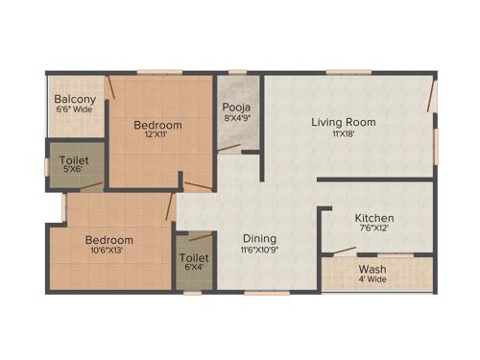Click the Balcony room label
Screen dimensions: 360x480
(x=73, y=99)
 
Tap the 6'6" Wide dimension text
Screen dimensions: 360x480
(x=73, y=109)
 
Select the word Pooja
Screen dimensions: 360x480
(x=237, y=108)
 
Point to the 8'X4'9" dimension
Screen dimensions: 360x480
(x=237, y=119)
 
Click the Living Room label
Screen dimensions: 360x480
(x=343, y=122)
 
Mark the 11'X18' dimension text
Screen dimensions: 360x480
(x=343, y=134)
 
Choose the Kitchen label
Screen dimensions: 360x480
(x=374, y=218)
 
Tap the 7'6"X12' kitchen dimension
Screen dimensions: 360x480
(x=374, y=229)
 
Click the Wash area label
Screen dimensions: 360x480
(x=372, y=269)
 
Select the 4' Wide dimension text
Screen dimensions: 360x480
(x=372, y=280)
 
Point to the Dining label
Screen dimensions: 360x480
(x=259, y=239)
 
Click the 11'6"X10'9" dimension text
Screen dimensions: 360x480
(x=259, y=251)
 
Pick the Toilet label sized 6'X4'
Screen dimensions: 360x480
(x=194, y=258)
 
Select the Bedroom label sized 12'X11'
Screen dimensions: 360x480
(x=157, y=126)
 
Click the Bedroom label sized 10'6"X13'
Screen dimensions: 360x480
(x=108, y=240)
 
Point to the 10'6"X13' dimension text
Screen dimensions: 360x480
(x=108, y=252)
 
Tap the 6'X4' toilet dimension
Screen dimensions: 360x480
(x=194, y=270)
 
